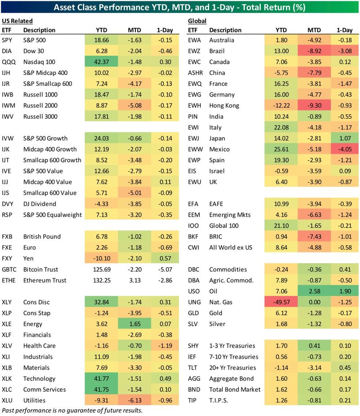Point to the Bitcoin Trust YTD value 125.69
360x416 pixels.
point(103,269)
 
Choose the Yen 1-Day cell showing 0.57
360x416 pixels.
point(164,259)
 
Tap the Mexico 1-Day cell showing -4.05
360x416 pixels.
point(345,149)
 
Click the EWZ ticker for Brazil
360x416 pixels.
point(194,51)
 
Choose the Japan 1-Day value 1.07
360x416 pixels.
point(345,138)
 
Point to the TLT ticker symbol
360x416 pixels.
point(193,367)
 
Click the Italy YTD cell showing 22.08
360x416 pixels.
point(287,127)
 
